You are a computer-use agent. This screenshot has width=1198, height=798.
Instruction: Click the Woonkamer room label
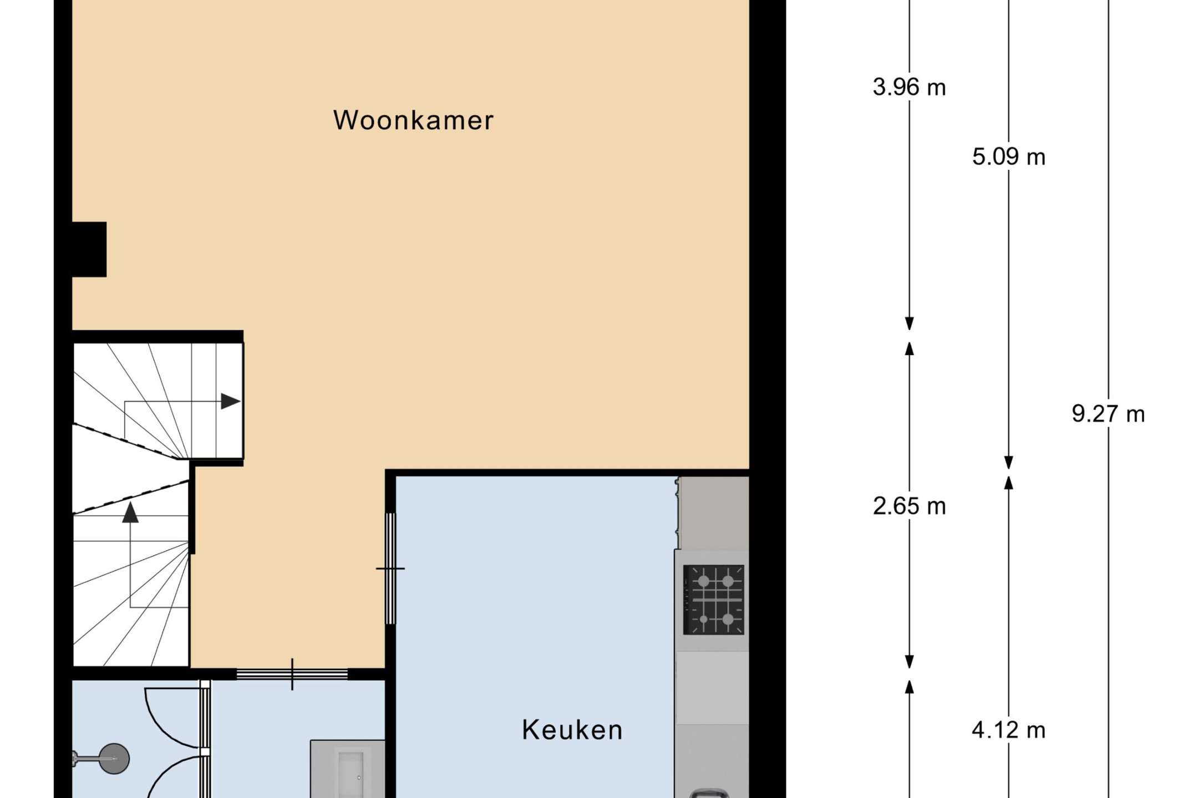coord(413,120)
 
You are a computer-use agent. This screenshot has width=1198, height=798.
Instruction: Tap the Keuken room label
coord(572,730)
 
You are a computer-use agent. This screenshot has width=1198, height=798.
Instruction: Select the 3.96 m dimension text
coord(909,87)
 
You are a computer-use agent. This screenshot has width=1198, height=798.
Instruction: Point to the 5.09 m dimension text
coord(1009,157)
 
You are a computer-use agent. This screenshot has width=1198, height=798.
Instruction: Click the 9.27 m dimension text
coord(1108,414)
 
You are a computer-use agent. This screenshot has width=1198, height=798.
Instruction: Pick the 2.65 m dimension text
coord(909,506)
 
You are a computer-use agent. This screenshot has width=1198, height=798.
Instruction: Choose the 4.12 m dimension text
coord(1009,730)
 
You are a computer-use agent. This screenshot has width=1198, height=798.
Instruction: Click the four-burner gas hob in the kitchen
coord(713,600)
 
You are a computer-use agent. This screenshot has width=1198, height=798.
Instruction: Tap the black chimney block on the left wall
coord(89,249)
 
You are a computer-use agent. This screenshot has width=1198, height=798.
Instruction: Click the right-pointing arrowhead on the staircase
coord(231,401)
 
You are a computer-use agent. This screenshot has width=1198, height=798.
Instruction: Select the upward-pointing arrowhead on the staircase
coord(130,513)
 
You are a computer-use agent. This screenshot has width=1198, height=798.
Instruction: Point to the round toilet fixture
coord(114,759)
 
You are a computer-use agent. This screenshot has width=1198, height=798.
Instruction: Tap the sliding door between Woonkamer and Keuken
coord(390,569)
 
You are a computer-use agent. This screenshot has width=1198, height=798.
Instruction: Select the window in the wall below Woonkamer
coord(292,674)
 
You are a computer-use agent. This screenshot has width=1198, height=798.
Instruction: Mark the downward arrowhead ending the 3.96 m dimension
coord(909,324)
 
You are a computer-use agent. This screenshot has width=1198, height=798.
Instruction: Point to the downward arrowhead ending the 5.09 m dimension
coord(1009,463)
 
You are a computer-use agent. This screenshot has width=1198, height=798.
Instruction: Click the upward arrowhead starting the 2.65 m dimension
coord(909,349)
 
